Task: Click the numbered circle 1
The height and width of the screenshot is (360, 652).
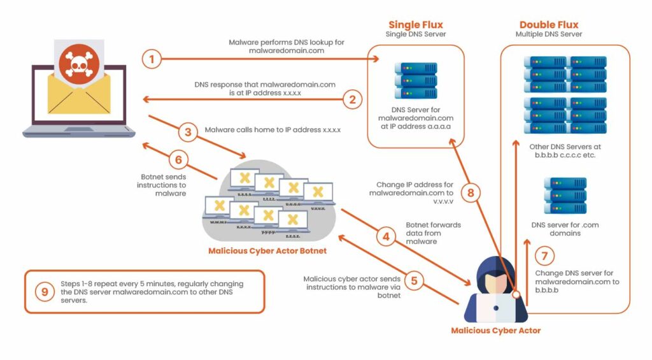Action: pos(151,60)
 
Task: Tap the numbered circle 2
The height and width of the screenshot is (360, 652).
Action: pos(352,99)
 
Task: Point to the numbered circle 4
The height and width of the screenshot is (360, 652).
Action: pos(385,237)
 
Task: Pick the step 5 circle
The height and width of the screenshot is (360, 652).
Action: pos(415,280)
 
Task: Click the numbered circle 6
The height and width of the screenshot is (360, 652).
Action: pos(179,160)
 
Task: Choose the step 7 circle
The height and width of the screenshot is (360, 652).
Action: pos(543,257)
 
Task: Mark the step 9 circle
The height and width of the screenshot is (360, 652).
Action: pos(44,292)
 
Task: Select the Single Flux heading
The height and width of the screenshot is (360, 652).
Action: pos(415,24)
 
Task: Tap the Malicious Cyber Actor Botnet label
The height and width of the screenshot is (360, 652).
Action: pos(267,251)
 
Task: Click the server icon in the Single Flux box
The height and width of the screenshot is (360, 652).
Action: pos(416,80)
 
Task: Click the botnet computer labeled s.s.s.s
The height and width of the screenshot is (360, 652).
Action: pos(244,180)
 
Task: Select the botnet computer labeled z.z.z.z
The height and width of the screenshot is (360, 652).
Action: pos(293,222)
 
